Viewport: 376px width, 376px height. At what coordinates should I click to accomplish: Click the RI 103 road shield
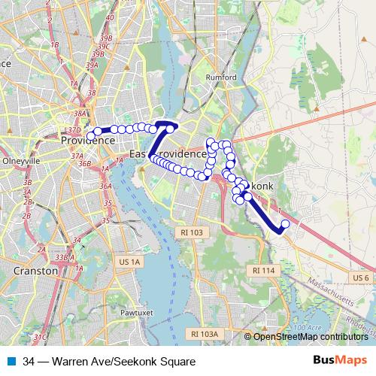pyautogui.click(x=187, y=233)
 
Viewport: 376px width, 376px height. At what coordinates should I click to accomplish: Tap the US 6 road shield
pyautogui.click(x=360, y=278)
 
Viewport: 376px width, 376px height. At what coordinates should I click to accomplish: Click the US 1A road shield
pyautogui.click(x=129, y=261)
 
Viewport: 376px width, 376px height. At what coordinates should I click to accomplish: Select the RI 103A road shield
pyautogui.click(x=204, y=333)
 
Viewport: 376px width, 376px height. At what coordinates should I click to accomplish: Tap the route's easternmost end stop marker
pyautogui.click(x=285, y=223)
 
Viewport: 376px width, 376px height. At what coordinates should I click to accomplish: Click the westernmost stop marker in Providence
pyautogui.click(x=90, y=136)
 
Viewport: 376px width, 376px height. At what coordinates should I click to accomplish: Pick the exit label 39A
pyautogui.click(x=92, y=65)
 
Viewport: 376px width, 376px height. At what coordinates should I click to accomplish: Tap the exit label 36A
pyautogui.click(x=105, y=186)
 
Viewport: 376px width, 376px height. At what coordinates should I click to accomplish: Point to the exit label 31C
pyautogui.click(x=41, y=337)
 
